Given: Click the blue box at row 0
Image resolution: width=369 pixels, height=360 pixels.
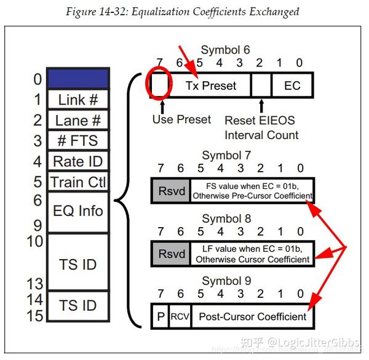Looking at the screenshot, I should [x=78, y=78].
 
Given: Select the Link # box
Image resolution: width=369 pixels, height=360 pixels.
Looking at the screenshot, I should [x=78, y=100].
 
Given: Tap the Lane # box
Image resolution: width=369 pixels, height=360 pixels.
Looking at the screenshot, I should [x=78, y=120].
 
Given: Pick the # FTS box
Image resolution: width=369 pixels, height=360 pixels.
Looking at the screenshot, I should [x=78, y=140].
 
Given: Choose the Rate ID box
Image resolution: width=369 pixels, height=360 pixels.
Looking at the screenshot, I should [x=78, y=161].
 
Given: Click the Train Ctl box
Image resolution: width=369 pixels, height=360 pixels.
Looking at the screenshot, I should [x=78, y=182].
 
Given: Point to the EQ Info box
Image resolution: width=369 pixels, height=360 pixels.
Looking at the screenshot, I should [x=78, y=211].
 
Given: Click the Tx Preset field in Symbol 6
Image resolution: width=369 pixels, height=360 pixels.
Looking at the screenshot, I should [x=210, y=86].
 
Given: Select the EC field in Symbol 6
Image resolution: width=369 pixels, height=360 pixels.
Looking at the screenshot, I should [x=292, y=86].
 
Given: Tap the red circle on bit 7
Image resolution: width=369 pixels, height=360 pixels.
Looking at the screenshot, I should [x=159, y=86].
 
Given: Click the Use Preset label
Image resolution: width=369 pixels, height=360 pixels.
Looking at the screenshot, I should [x=181, y=119].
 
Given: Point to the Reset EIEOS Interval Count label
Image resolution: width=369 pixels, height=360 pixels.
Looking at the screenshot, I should [x=261, y=127].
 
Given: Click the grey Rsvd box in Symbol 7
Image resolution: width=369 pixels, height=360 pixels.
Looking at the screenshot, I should [x=170, y=191].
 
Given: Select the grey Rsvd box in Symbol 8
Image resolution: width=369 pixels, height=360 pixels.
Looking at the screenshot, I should [x=170, y=254].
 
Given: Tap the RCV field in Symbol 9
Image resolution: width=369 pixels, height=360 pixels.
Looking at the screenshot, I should [x=180, y=317].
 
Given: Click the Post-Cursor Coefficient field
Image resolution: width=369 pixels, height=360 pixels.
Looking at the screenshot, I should [x=252, y=317].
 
